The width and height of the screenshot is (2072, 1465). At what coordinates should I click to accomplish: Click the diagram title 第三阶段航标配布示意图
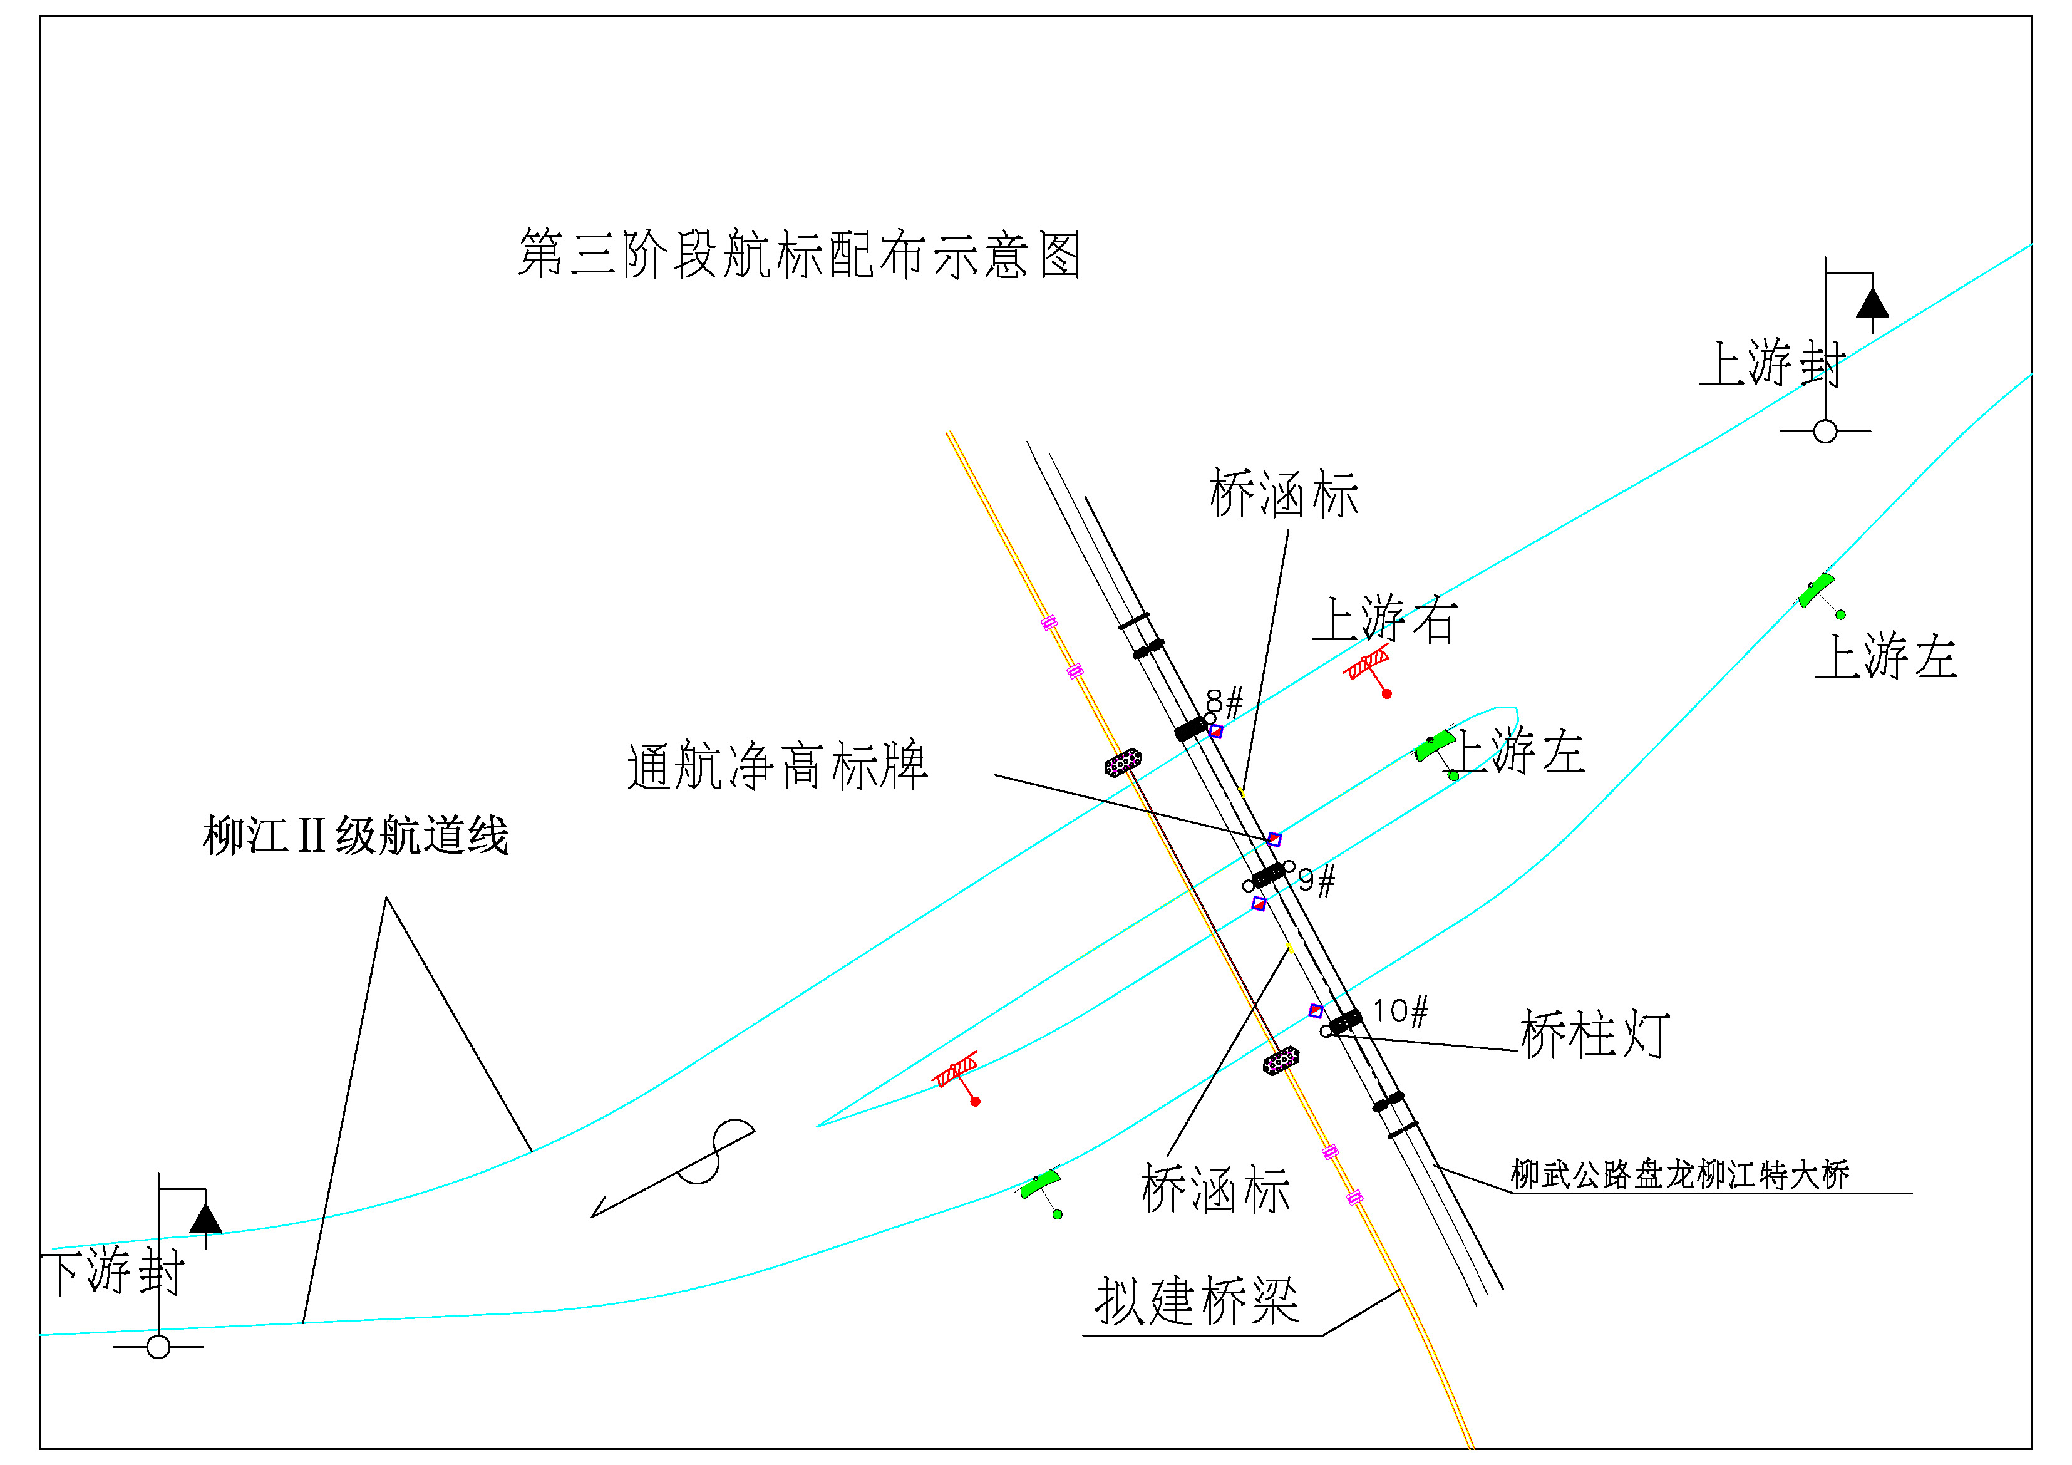(x=800, y=254)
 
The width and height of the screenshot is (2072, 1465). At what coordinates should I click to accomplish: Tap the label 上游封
(x=1773, y=363)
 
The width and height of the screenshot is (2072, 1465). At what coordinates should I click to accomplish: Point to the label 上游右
(x=1384, y=619)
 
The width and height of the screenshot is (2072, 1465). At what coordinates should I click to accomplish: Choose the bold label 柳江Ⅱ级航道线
(x=356, y=835)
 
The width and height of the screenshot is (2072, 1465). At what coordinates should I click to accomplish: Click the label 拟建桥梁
(x=1197, y=1301)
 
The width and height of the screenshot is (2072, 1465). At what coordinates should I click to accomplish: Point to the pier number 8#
(x=1225, y=701)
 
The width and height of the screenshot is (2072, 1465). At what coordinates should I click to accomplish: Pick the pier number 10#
(x=1399, y=1012)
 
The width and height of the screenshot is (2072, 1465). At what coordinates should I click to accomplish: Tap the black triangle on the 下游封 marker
(x=206, y=1219)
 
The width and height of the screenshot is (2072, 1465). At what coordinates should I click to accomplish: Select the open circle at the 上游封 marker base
(x=1825, y=432)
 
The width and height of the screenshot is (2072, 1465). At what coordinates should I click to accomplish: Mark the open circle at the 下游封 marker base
(x=159, y=1348)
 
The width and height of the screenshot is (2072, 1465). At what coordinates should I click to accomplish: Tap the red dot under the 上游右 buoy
(x=1387, y=693)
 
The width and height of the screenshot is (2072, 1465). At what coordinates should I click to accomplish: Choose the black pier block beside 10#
(x=1346, y=1022)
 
